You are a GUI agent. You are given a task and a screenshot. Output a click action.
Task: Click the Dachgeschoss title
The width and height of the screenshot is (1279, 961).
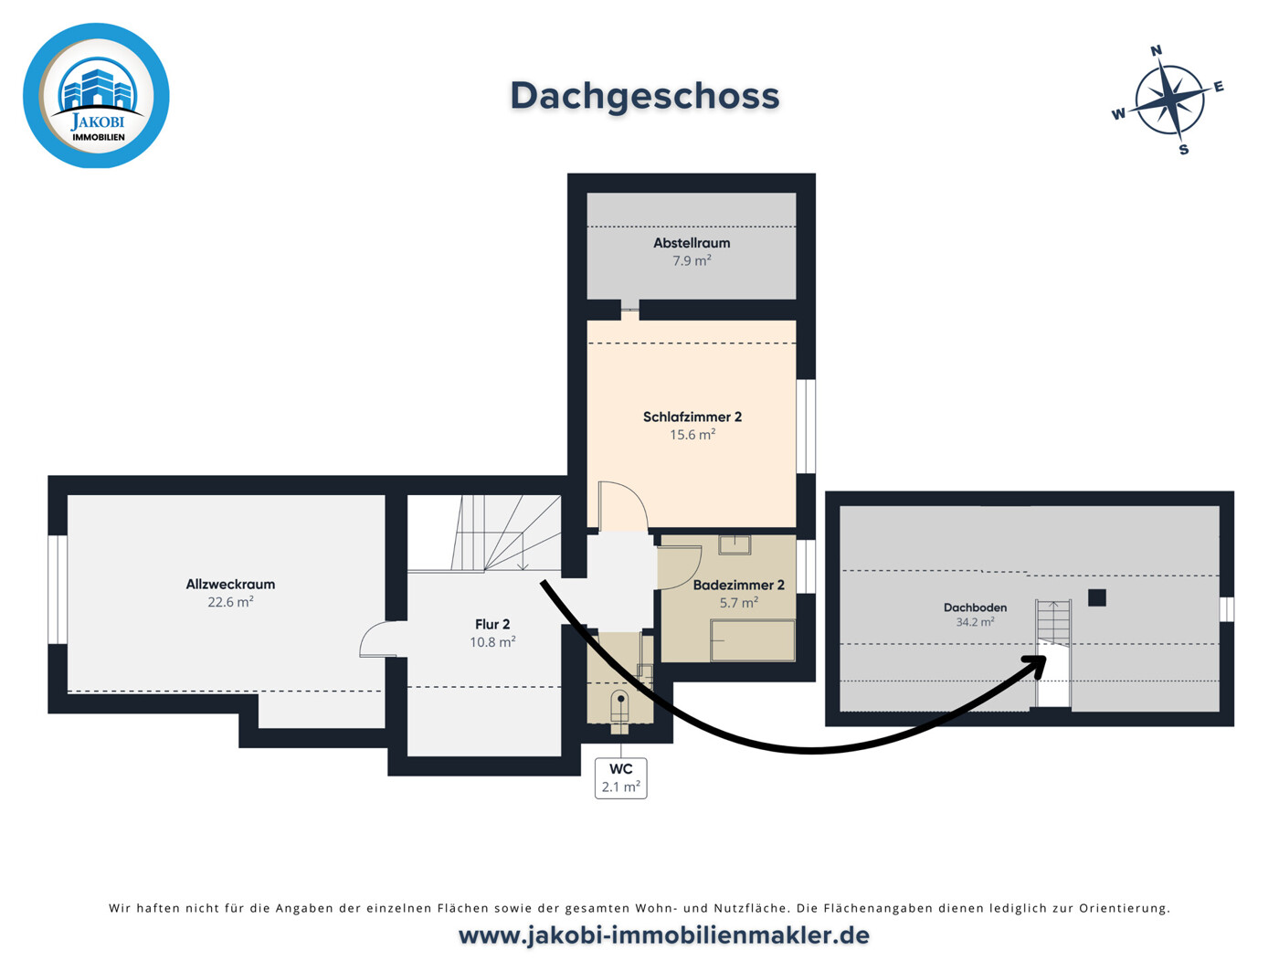point(644,96)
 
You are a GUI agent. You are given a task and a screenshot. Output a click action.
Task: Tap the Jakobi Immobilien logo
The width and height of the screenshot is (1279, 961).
point(96,96)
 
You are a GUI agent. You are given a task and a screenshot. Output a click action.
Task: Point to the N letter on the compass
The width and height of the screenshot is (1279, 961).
point(1156,50)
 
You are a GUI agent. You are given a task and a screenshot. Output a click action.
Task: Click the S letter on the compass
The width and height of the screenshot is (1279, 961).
point(1183,150)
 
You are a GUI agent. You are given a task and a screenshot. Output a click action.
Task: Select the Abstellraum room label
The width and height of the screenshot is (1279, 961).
point(692,243)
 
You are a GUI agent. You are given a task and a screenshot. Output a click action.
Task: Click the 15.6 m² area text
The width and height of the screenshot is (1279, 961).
point(692,435)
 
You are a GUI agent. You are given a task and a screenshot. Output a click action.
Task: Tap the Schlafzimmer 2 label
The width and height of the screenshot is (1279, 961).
point(692,417)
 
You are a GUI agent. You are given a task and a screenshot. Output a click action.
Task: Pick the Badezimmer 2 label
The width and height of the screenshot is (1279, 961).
point(739,585)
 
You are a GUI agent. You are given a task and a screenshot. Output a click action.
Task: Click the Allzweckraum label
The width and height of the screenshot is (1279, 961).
point(230,584)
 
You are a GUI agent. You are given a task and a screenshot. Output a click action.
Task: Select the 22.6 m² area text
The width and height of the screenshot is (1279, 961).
point(230,602)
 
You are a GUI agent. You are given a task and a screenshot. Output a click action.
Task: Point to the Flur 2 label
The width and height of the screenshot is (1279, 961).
point(492,624)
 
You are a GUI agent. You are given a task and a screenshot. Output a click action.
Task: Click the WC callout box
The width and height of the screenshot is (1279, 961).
point(620,778)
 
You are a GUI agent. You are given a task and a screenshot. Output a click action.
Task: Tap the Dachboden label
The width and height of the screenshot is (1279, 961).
point(975,607)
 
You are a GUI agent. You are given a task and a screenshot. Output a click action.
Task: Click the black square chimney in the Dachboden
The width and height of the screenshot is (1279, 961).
point(1097,597)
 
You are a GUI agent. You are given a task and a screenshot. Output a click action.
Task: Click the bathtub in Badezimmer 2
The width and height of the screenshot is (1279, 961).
point(753,640)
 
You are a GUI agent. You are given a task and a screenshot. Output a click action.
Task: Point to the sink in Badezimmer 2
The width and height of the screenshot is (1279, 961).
point(735,544)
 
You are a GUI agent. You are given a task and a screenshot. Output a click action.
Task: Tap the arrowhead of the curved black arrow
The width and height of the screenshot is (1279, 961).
point(1037,664)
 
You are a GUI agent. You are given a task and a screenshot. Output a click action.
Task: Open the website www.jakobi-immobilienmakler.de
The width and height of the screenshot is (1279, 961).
point(663,936)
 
